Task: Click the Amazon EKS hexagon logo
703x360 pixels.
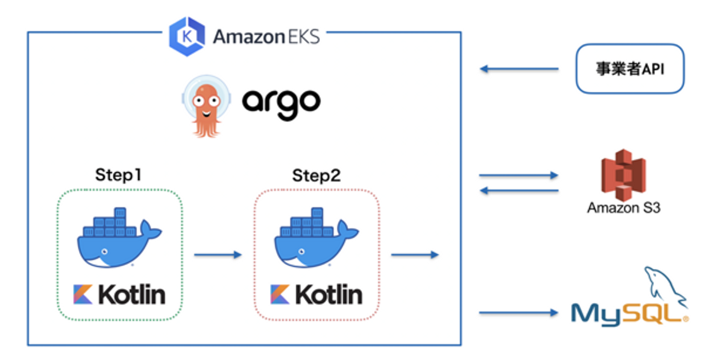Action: [x=186, y=37]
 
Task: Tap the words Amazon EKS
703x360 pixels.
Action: [x=267, y=37]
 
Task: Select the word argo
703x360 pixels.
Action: [x=282, y=102]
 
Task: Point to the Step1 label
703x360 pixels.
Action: [x=118, y=175]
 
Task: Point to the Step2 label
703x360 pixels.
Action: [x=316, y=175]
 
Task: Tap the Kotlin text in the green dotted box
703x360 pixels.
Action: [x=131, y=295]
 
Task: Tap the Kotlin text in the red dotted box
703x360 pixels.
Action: [x=328, y=295]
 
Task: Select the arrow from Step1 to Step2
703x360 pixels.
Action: [x=218, y=254]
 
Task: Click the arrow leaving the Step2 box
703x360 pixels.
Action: [x=414, y=254]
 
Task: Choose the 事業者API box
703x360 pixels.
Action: [x=630, y=69]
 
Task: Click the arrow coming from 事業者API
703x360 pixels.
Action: [x=519, y=69]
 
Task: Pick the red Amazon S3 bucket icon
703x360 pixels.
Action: [x=623, y=175]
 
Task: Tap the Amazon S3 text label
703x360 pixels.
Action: [x=623, y=208]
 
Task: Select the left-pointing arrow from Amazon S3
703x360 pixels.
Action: [x=518, y=191]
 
